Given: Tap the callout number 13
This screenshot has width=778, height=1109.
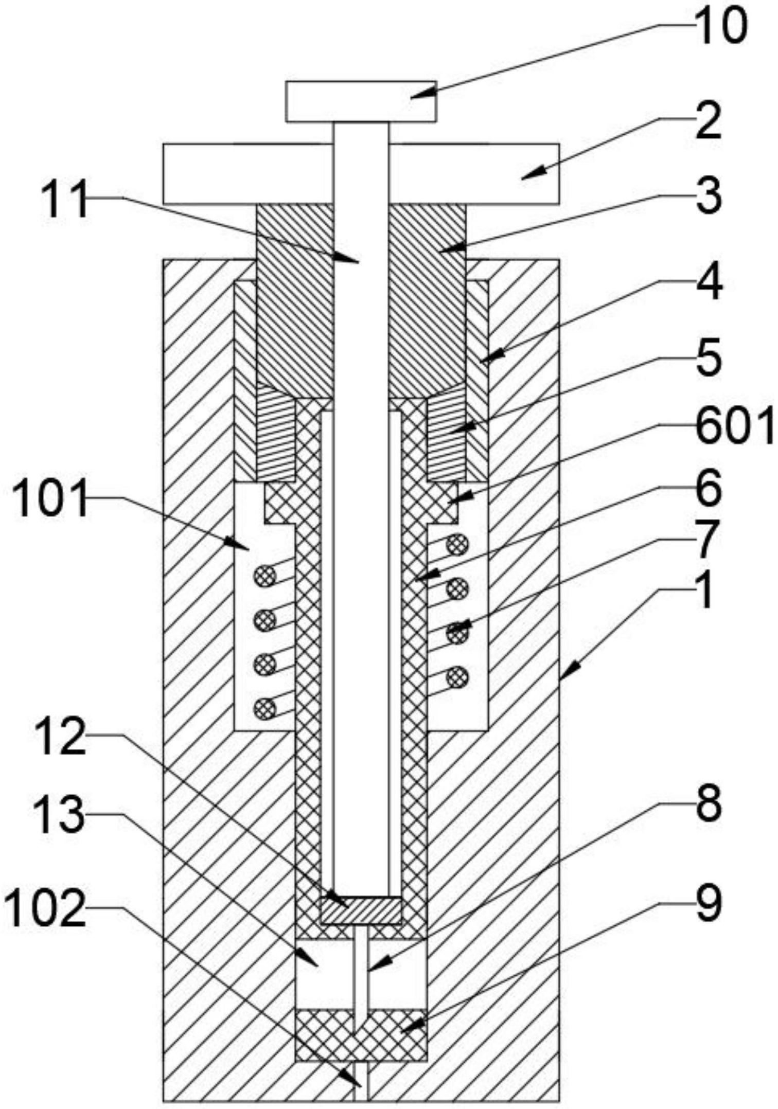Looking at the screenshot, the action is [59, 815].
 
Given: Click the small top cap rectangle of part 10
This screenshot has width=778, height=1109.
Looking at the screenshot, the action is [361, 101].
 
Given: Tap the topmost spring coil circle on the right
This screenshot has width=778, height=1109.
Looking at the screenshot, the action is [457, 545].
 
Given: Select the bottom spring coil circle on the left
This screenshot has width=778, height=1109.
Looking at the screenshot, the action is [265, 708].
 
